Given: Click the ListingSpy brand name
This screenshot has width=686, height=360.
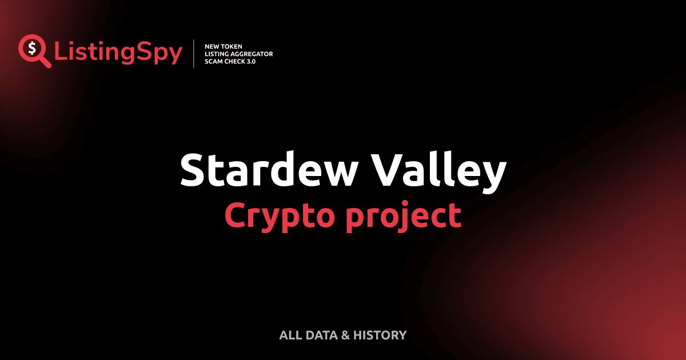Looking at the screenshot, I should (118, 53).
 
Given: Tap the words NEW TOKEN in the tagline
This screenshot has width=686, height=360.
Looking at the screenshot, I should (224, 46).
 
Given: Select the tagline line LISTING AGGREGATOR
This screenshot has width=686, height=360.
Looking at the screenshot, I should (238, 53).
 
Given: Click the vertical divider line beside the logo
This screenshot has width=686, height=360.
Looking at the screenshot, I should (194, 53).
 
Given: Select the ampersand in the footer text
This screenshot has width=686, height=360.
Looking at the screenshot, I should (345, 335).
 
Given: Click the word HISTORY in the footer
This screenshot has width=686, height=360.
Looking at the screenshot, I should (380, 335).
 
